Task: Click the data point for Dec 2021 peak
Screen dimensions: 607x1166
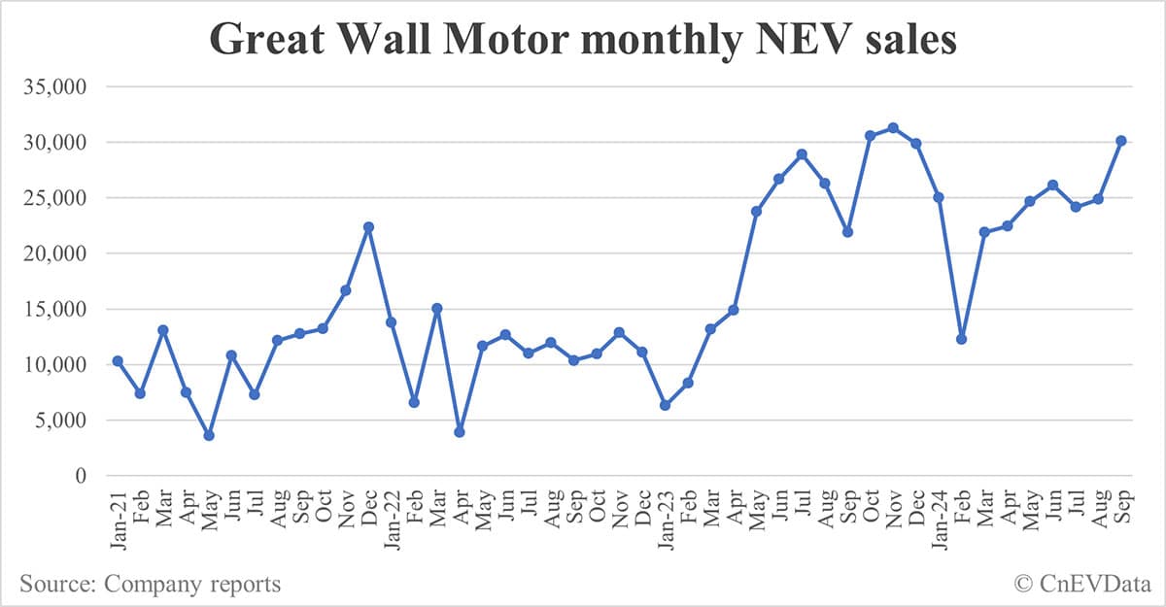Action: tap(368, 227)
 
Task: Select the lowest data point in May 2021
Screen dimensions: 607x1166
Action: tap(208, 435)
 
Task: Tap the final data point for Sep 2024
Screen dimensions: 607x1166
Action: tap(1120, 141)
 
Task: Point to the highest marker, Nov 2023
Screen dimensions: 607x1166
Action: tap(893, 128)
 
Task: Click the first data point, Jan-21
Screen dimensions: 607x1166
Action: tap(118, 361)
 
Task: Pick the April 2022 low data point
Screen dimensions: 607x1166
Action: tap(460, 431)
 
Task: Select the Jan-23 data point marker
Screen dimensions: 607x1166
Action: tap(665, 405)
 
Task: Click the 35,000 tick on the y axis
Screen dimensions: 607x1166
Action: tap(55, 87)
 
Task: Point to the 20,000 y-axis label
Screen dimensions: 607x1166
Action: tap(55, 254)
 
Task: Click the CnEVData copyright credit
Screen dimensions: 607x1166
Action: tap(1080, 584)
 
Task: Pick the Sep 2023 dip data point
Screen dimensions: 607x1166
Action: tap(847, 232)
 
